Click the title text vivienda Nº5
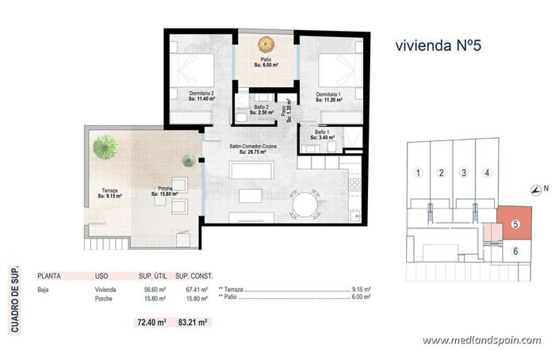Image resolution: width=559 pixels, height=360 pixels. pos(437,45)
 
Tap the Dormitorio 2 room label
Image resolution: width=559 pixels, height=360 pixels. pos(202,94)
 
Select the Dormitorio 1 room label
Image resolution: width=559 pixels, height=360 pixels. pos(329,94)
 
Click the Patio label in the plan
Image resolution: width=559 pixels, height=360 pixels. pos(263,59)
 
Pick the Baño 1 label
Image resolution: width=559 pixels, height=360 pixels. pos(323,132)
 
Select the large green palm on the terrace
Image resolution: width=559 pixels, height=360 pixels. pos(104,146)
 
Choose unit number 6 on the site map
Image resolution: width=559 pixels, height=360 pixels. pos(515,251)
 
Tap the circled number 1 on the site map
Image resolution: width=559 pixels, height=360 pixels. pos(417,172)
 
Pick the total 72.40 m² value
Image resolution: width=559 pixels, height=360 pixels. pos(151,323)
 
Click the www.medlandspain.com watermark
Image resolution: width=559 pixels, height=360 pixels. pos(481,340)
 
